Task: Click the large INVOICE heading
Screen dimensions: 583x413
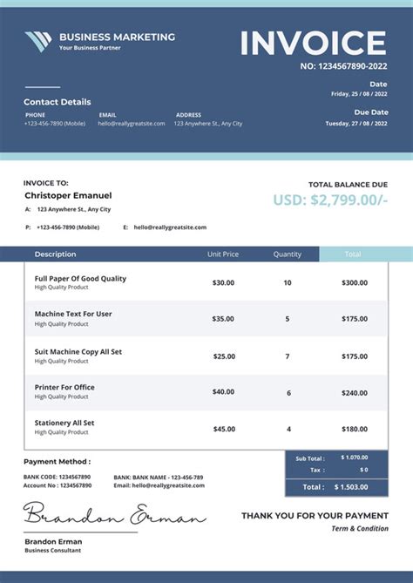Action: tap(313, 43)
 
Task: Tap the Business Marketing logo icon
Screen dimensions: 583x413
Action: tap(38, 41)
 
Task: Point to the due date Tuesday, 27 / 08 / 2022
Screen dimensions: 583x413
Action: tap(356, 124)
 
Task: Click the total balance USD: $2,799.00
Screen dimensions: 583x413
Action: tap(329, 200)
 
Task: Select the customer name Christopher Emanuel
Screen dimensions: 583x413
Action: tap(68, 195)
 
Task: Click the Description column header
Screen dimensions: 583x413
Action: tap(55, 254)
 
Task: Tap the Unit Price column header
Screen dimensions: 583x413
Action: tap(223, 254)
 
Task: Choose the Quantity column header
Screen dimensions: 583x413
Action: tap(288, 254)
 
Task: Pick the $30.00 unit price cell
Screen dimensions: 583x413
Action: tap(223, 282)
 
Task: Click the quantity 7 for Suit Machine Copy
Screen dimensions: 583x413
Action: tap(288, 356)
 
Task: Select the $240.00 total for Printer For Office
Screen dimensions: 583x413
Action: tap(355, 392)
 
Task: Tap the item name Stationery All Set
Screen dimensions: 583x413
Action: tap(64, 423)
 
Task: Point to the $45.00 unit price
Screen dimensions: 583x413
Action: tap(223, 429)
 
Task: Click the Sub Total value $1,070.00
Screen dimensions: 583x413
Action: tap(355, 458)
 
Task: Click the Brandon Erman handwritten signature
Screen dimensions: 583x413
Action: tap(113, 517)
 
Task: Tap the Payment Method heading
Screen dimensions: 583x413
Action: tap(57, 462)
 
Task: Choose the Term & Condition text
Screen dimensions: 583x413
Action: tap(360, 529)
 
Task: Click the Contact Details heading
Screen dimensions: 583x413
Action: tap(57, 102)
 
